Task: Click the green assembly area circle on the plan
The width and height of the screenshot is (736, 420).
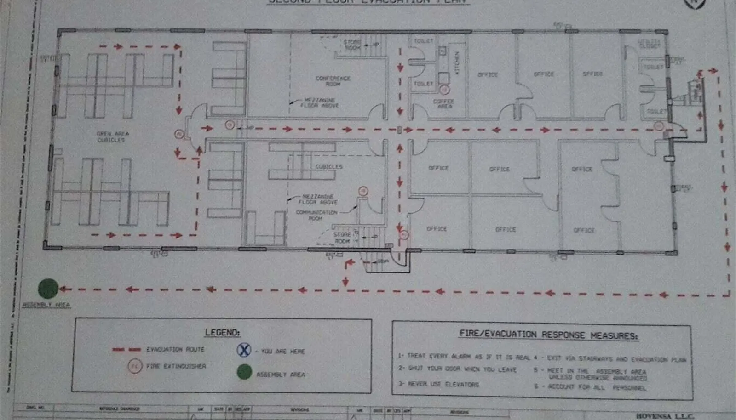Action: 48,289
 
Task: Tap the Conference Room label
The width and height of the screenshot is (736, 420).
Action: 333,81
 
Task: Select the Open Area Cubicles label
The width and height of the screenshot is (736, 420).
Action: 112,136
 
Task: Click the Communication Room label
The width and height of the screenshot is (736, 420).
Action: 316,215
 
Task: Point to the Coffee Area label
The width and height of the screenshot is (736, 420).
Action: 444,103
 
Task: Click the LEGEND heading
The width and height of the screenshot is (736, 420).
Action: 222,332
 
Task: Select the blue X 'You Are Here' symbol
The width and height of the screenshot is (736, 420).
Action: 244,350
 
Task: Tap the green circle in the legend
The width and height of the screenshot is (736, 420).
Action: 244,372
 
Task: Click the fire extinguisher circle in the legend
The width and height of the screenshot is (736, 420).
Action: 135,366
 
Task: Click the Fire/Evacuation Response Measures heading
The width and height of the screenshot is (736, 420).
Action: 548,335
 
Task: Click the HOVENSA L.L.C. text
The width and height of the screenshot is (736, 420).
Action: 664,415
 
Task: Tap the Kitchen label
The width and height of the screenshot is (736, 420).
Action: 457,62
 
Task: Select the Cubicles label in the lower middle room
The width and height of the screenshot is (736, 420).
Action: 329,166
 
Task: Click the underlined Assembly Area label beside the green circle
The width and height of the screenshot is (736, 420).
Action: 46,305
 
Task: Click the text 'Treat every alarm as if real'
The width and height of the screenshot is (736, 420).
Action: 465,356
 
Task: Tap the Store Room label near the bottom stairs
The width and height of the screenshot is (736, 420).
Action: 342,238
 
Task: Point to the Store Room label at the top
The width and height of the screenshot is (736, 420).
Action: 352,45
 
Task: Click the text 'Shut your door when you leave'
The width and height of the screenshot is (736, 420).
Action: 458,369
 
